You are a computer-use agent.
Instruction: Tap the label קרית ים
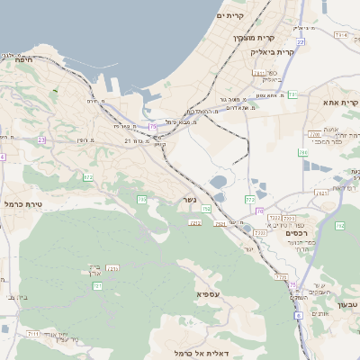coord(231,16)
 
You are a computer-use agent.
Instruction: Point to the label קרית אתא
coord(340,103)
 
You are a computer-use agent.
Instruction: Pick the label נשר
coord(189,200)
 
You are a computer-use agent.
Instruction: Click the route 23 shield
coord(41,140)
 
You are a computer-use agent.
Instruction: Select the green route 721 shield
coord(96,285)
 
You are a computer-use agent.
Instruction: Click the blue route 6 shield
coord(299,317)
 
